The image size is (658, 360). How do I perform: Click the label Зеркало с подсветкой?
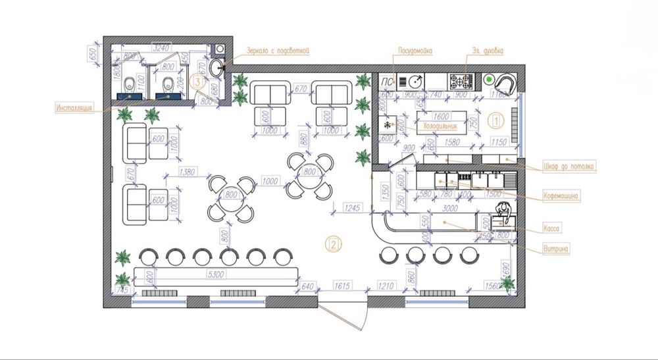pos(277,50)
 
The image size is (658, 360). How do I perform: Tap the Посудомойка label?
pos(415,50)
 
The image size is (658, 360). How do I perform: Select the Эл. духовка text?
pos(488,50)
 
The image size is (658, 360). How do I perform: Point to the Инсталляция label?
pos(77,107)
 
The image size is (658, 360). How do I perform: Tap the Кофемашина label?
pos(561,195)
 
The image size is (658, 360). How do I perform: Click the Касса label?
pos(551,228)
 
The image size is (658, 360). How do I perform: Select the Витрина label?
pos(556,248)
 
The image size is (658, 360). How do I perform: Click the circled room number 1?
pos(497,120)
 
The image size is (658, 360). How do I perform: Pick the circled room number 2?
pos(334,245)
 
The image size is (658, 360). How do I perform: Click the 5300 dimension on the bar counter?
pos(215,274)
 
